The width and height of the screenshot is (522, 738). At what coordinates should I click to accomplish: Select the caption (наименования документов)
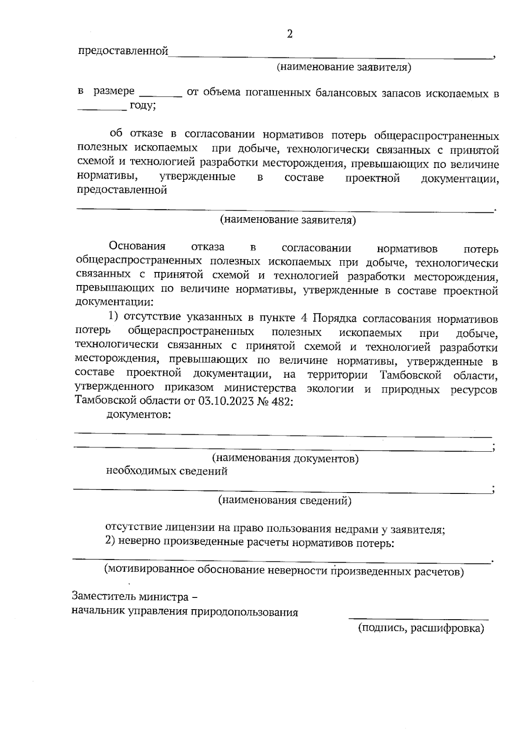(285, 458)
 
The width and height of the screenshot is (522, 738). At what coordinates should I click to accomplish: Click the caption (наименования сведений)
(284, 500)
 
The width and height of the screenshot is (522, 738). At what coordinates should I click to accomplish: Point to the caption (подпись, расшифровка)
(421, 628)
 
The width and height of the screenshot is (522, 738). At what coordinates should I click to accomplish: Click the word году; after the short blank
(143, 105)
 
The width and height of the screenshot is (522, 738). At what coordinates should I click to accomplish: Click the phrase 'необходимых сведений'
(167, 471)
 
